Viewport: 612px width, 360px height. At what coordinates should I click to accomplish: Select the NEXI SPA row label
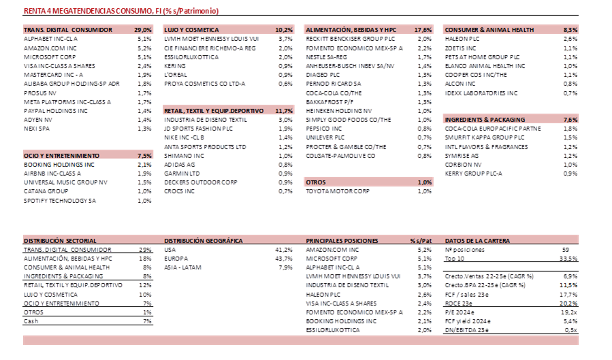point(37,129)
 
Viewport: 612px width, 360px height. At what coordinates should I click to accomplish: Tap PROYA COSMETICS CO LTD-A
point(204,84)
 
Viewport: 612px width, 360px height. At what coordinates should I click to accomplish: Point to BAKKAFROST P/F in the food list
point(329,102)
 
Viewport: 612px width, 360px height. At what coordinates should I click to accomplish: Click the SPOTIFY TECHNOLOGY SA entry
point(60,201)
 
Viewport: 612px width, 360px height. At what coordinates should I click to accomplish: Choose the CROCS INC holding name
point(179,191)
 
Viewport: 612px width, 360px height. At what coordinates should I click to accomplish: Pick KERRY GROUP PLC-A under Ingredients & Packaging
point(473,174)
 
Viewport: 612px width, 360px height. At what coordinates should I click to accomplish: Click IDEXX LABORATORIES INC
point(481,93)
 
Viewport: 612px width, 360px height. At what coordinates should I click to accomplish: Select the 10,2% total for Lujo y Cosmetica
point(284,30)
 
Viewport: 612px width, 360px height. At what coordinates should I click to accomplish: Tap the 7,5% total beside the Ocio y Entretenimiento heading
point(144,156)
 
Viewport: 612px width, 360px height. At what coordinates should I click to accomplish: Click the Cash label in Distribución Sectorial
point(31,321)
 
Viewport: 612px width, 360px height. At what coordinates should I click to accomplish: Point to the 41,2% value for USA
point(284,250)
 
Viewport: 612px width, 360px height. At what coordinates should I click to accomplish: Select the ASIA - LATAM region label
point(182,267)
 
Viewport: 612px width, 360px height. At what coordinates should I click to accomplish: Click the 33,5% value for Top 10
point(568,259)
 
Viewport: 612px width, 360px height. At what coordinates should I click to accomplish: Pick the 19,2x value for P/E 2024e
point(569,312)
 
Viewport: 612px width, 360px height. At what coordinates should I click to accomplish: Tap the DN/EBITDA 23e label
point(466,330)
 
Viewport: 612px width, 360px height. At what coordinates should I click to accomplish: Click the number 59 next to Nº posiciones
point(566,250)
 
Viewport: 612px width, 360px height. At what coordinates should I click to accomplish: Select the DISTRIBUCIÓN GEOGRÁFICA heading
point(204,241)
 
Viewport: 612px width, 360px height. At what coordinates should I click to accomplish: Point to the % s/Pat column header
point(421,241)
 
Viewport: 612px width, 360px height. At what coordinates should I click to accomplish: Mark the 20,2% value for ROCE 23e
point(568,304)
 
